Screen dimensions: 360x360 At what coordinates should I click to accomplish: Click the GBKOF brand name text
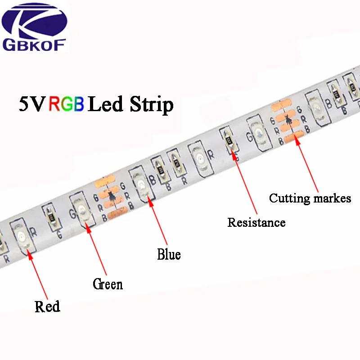(x=34, y=45)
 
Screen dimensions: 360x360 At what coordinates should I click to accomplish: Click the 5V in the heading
(x=31, y=104)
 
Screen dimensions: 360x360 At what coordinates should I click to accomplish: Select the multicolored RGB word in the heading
(x=66, y=104)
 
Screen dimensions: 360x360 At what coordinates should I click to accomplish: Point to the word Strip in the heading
(x=151, y=105)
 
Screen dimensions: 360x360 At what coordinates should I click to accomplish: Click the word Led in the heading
(x=105, y=104)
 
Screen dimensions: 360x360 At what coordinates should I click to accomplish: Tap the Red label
(x=47, y=306)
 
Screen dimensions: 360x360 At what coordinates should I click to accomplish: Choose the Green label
(x=108, y=284)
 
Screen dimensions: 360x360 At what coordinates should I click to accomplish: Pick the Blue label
(x=169, y=254)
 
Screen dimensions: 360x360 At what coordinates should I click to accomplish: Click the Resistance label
(x=256, y=222)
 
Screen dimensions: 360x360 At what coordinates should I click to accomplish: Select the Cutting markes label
(x=310, y=198)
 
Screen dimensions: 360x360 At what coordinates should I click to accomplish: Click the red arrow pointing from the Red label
(x=38, y=274)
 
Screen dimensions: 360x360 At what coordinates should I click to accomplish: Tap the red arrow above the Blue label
(x=158, y=220)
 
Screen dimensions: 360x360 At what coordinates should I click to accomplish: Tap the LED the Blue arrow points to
(x=141, y=185)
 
